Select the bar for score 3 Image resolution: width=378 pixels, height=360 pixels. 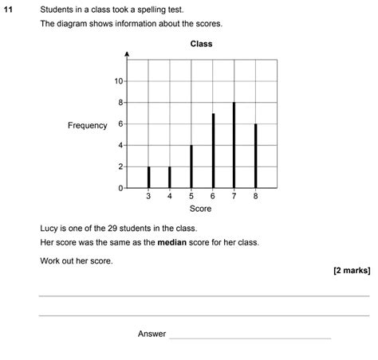pos(148,177)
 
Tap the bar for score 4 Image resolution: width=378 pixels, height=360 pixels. pos(170,177)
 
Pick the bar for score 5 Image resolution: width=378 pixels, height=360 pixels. pos(191,166)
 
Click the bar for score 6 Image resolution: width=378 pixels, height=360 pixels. pos(213,151)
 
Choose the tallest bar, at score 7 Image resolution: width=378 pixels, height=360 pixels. pos(234,145)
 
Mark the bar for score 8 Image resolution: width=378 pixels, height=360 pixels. pos(255,156)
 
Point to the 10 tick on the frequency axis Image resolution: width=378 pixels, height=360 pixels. pos(118,81)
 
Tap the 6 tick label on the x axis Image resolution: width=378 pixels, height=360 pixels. pos(213,197)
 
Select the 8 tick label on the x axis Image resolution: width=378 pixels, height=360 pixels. pos(255,197)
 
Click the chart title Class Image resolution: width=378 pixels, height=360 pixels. pos(201,44)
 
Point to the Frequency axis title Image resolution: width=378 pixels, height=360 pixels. pos(87,126)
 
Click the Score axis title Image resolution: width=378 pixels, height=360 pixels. pos(200,209)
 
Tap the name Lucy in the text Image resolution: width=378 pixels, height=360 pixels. pos(49,228)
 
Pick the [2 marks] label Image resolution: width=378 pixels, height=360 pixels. pos(352,270)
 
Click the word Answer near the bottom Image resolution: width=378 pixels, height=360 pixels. pos(152,334)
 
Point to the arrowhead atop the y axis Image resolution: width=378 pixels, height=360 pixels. pos(127,56)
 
